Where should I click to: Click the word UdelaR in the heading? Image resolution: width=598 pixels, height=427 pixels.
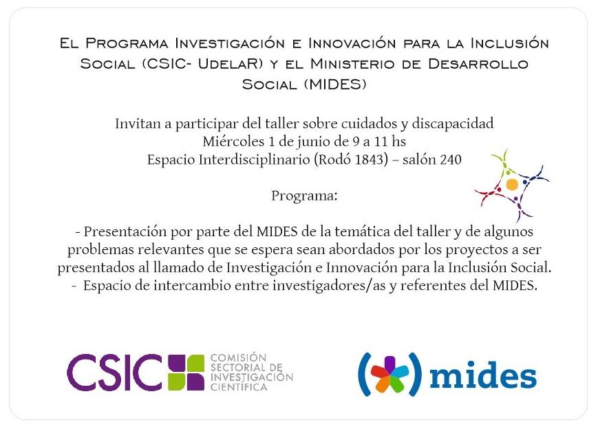point(231,63)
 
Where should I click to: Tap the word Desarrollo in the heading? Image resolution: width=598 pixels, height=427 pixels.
point(478,63)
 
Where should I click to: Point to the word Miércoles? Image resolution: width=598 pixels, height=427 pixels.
point(233,142)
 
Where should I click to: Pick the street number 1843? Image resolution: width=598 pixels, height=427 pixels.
point(371,159)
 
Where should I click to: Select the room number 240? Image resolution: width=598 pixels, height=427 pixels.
point(451,159)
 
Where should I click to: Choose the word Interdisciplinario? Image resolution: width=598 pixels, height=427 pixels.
point(254,160)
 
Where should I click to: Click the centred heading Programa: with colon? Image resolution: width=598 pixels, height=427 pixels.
point(304,196)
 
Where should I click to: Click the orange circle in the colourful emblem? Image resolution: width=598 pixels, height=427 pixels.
point(512,185)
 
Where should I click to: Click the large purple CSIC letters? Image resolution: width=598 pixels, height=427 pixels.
point(114,373)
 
